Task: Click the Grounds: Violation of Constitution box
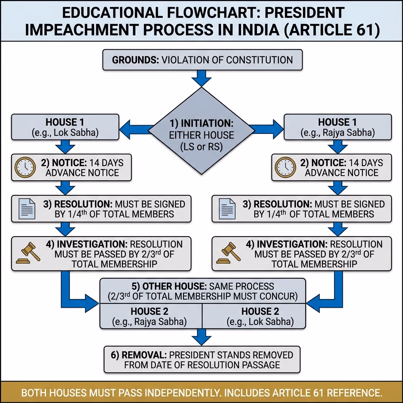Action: coord(203,60)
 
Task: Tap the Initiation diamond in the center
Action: coord(201,131)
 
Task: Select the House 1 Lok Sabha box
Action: coord(65,127)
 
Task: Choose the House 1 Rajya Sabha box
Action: coord(338,127)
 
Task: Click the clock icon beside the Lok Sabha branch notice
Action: coord(25,167)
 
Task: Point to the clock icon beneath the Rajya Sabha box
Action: coord(285,167)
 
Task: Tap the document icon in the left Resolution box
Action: coord(27,209)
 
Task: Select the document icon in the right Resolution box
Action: coord(227,209)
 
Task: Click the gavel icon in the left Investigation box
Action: coord(28,253)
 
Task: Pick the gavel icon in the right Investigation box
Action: coord(229,253)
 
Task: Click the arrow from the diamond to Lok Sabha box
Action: coord(136,129)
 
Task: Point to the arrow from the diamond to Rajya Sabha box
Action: coord(266,129)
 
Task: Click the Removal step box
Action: coord(202,360)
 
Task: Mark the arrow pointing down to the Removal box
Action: coord(201,337)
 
